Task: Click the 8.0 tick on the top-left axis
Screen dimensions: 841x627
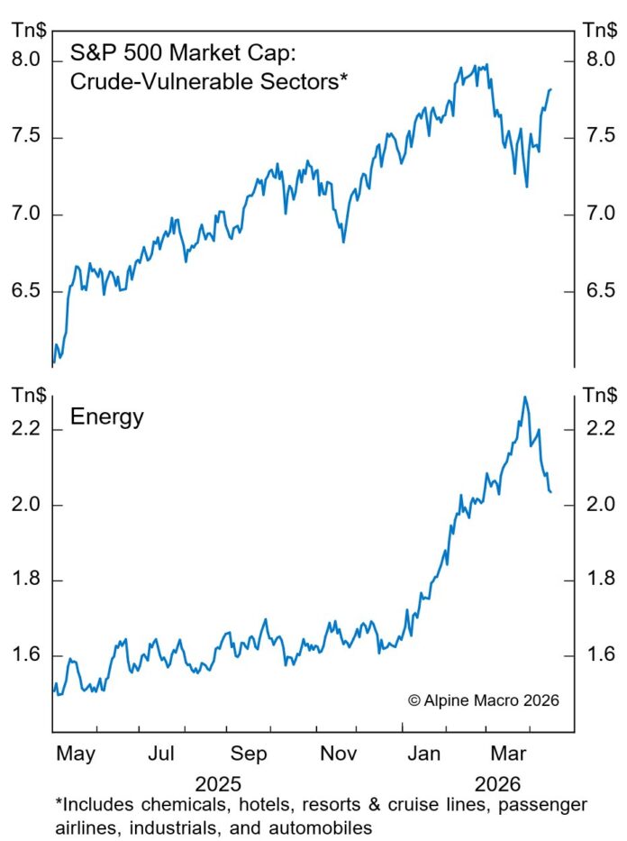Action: click(x=27, y=61)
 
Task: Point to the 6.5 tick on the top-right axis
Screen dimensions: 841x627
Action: click(x=599, y=291)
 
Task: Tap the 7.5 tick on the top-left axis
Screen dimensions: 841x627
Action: click(x=27, y=138)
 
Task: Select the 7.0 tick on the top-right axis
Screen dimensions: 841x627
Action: click(x=599, y=215)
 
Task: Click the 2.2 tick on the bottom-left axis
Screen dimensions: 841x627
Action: click(x=27, y=430)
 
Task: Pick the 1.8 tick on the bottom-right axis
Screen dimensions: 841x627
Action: click(x=599, y=580)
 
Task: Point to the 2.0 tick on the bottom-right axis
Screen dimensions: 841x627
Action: click(x=599, y=505)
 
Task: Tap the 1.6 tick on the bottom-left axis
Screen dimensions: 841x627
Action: click(x=27, y=655)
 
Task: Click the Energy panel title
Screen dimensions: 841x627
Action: click(x=107, y=418)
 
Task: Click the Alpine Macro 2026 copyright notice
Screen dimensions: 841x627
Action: click(x=484, y=700)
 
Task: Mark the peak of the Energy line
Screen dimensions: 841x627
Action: click(x=525, y=397)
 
